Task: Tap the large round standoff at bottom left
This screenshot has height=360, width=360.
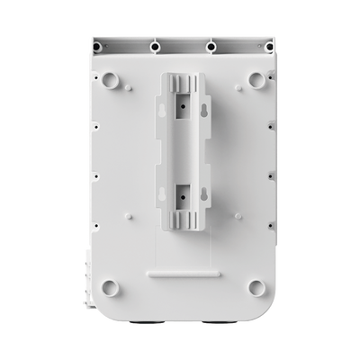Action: pos(110,288)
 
